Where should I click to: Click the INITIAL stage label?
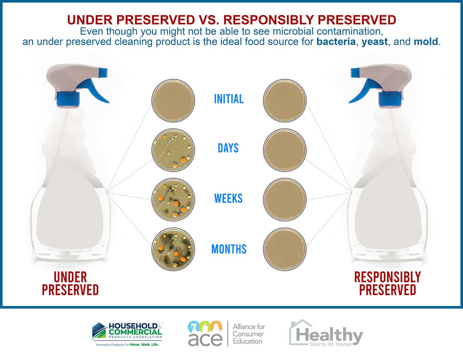pyautogui.click(x=229, y=99)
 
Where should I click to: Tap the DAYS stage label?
pyautogui.click(x=228, y=148)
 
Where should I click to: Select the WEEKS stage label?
pyautogui.click(x=228, y=199)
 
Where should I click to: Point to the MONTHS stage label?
pyautogui.click(x=229, y=249)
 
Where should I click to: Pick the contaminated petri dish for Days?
pyautogui.click(x=172, y=150)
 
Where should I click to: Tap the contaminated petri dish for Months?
pyautogui.click(x=172, y=249)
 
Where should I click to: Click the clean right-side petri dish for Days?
pyautogui.click(x=285, y=150)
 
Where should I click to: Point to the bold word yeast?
pyautogui.click(x=375, y=42)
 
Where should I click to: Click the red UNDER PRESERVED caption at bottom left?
pyautogui.click(x=70, y=283)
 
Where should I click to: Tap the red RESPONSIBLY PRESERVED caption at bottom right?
pyautogui.click(x=387, y=283)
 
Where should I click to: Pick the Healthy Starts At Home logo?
pyautogui.click(x=326, y=333)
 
